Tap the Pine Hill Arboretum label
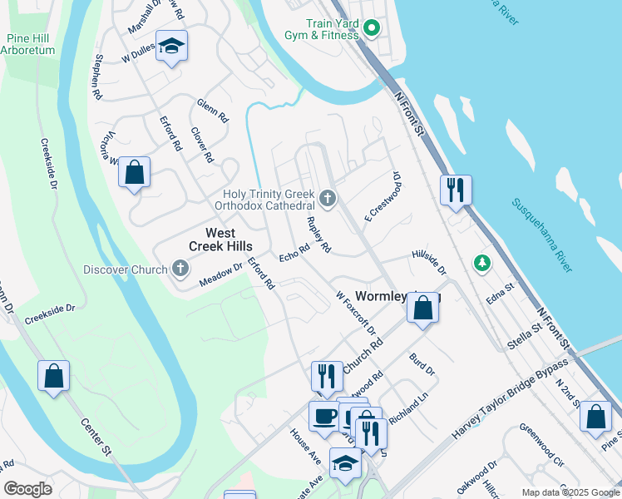click(31, 44)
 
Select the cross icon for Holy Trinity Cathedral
click(328, 199)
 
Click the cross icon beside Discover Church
click(179, 269)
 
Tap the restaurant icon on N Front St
click(456, 190)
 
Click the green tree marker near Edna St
click(481, 264)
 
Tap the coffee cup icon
click(324, 415)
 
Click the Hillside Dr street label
click(429, 264)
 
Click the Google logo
click(27, 489)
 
